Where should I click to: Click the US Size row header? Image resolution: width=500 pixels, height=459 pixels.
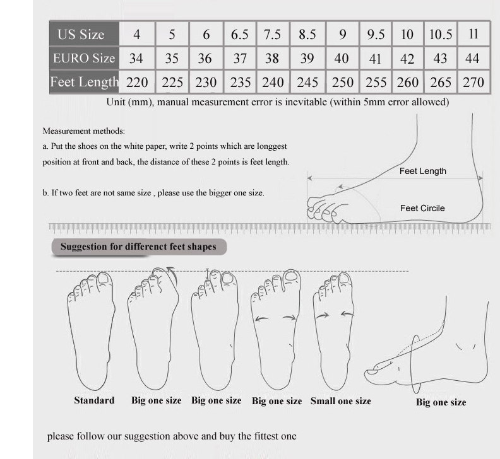click(x=84, y=34)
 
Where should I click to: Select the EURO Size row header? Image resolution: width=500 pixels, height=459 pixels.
click(x=84, y=58)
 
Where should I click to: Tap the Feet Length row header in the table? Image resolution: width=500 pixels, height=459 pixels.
click(x=84, y=82)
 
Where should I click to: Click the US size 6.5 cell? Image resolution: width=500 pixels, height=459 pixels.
click(x=239, y=34)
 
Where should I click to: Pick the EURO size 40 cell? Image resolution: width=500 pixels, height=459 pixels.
click(x=342, y=58)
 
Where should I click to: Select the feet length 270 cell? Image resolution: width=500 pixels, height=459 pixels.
click(x=473, y=82)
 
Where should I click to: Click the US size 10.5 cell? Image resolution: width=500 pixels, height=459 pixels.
click(x=441, y=34)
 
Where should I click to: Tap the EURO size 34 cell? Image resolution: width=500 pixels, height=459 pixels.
click(x=136, y=58)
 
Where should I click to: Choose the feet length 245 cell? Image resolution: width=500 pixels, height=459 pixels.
click(x=307, y=82)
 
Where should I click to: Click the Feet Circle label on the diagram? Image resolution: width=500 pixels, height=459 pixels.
click(x=422, y=208)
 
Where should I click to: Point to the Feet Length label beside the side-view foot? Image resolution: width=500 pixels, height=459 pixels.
click(x=422, y=171)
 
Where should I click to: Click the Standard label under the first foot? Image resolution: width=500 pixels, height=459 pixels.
click(x=94, y=400)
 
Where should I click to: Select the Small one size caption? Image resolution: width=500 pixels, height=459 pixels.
click(x=340, y=400)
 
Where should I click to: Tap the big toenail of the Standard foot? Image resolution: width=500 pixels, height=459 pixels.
click(x=104, y=278)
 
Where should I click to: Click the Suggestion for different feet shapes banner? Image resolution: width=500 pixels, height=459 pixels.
click(x=139, y=247)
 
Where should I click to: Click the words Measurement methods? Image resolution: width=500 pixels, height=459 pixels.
click(x=83, y=131)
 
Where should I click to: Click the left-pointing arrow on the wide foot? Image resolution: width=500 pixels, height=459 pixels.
click(x=261, y=318)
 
